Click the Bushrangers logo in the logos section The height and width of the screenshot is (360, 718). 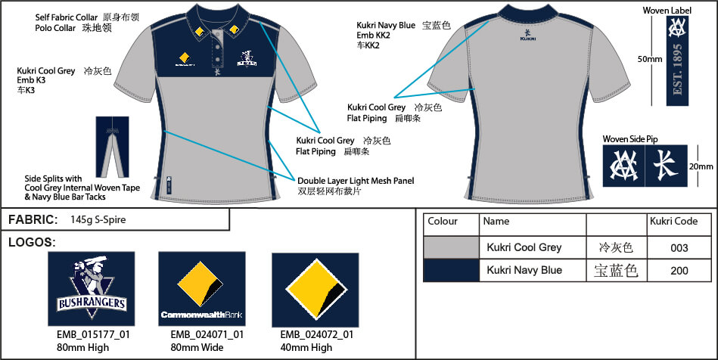pos(92,287)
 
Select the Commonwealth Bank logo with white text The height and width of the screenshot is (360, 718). pos(201,287)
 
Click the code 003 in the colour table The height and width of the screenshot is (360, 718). pos(679,248)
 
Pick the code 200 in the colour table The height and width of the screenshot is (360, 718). pos(679,270)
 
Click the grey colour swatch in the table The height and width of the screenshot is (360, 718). pos(451,247)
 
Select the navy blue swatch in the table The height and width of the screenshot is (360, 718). pos(451,270)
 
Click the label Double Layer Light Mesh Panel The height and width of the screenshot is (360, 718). pos(356,181)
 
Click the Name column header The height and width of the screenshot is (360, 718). pos(496,222)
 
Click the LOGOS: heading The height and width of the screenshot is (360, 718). pos(31,242)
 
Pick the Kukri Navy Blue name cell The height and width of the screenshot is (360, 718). pos(524,270)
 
